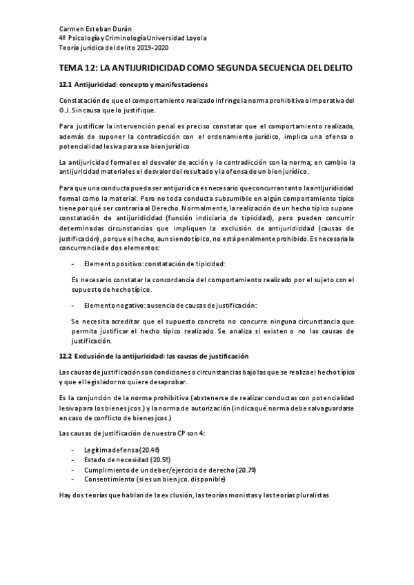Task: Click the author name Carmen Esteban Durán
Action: click(x=93, y=28)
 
